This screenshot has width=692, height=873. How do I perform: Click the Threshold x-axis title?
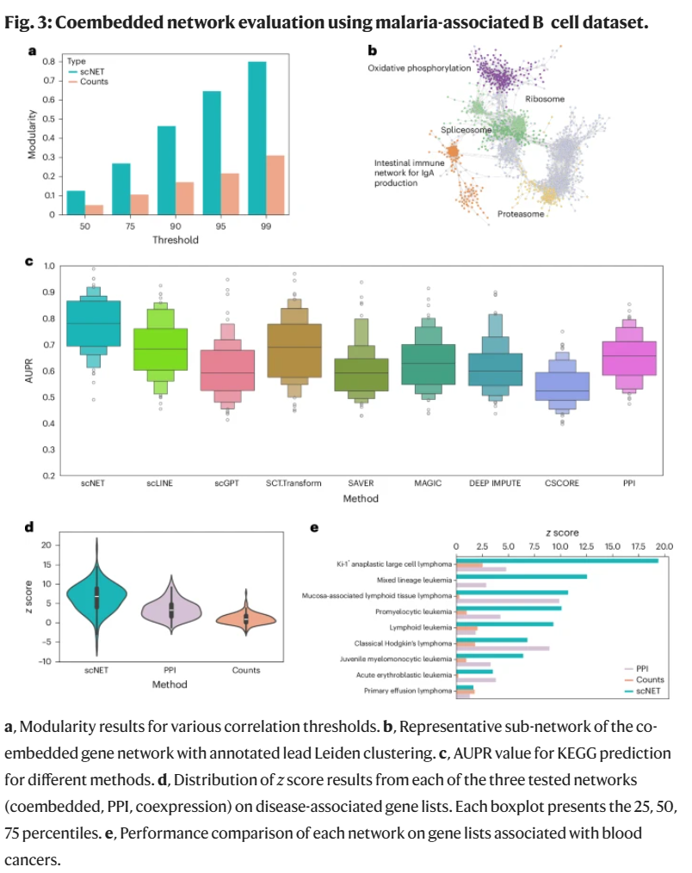click(176, 240)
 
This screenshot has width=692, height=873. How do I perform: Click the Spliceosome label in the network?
click(466, 129)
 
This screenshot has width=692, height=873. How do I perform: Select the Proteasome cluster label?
click(521, 213)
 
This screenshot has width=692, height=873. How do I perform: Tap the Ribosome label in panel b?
click(545, 99)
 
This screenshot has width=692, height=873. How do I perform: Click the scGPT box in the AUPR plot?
click(226, 370)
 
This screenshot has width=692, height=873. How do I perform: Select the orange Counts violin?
click(246, 618)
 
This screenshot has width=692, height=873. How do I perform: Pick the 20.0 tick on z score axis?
click(664, 546)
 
